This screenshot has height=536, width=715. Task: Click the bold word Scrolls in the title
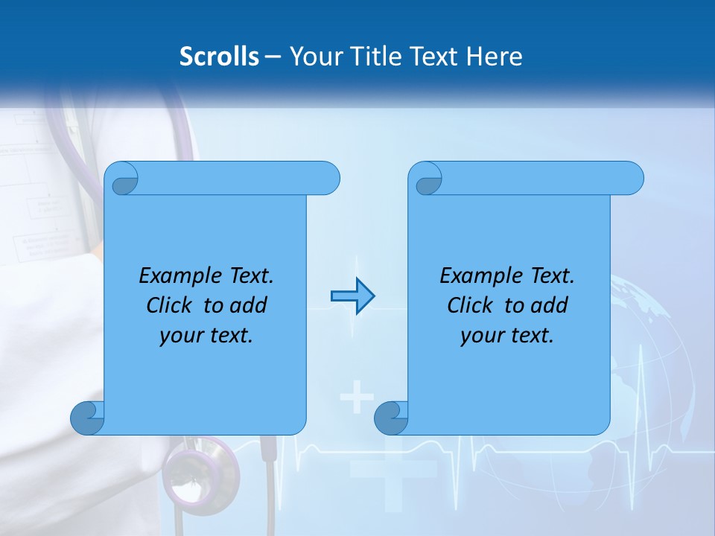[220, 56]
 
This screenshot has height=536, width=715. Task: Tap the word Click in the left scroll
[163, 306]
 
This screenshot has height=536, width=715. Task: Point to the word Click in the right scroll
[464, 306]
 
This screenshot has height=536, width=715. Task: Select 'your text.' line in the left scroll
[206, 336]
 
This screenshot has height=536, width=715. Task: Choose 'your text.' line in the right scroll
[507, 336]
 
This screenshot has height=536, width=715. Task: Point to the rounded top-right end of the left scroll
[328, 179]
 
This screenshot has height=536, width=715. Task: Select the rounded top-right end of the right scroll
[632, 179]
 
